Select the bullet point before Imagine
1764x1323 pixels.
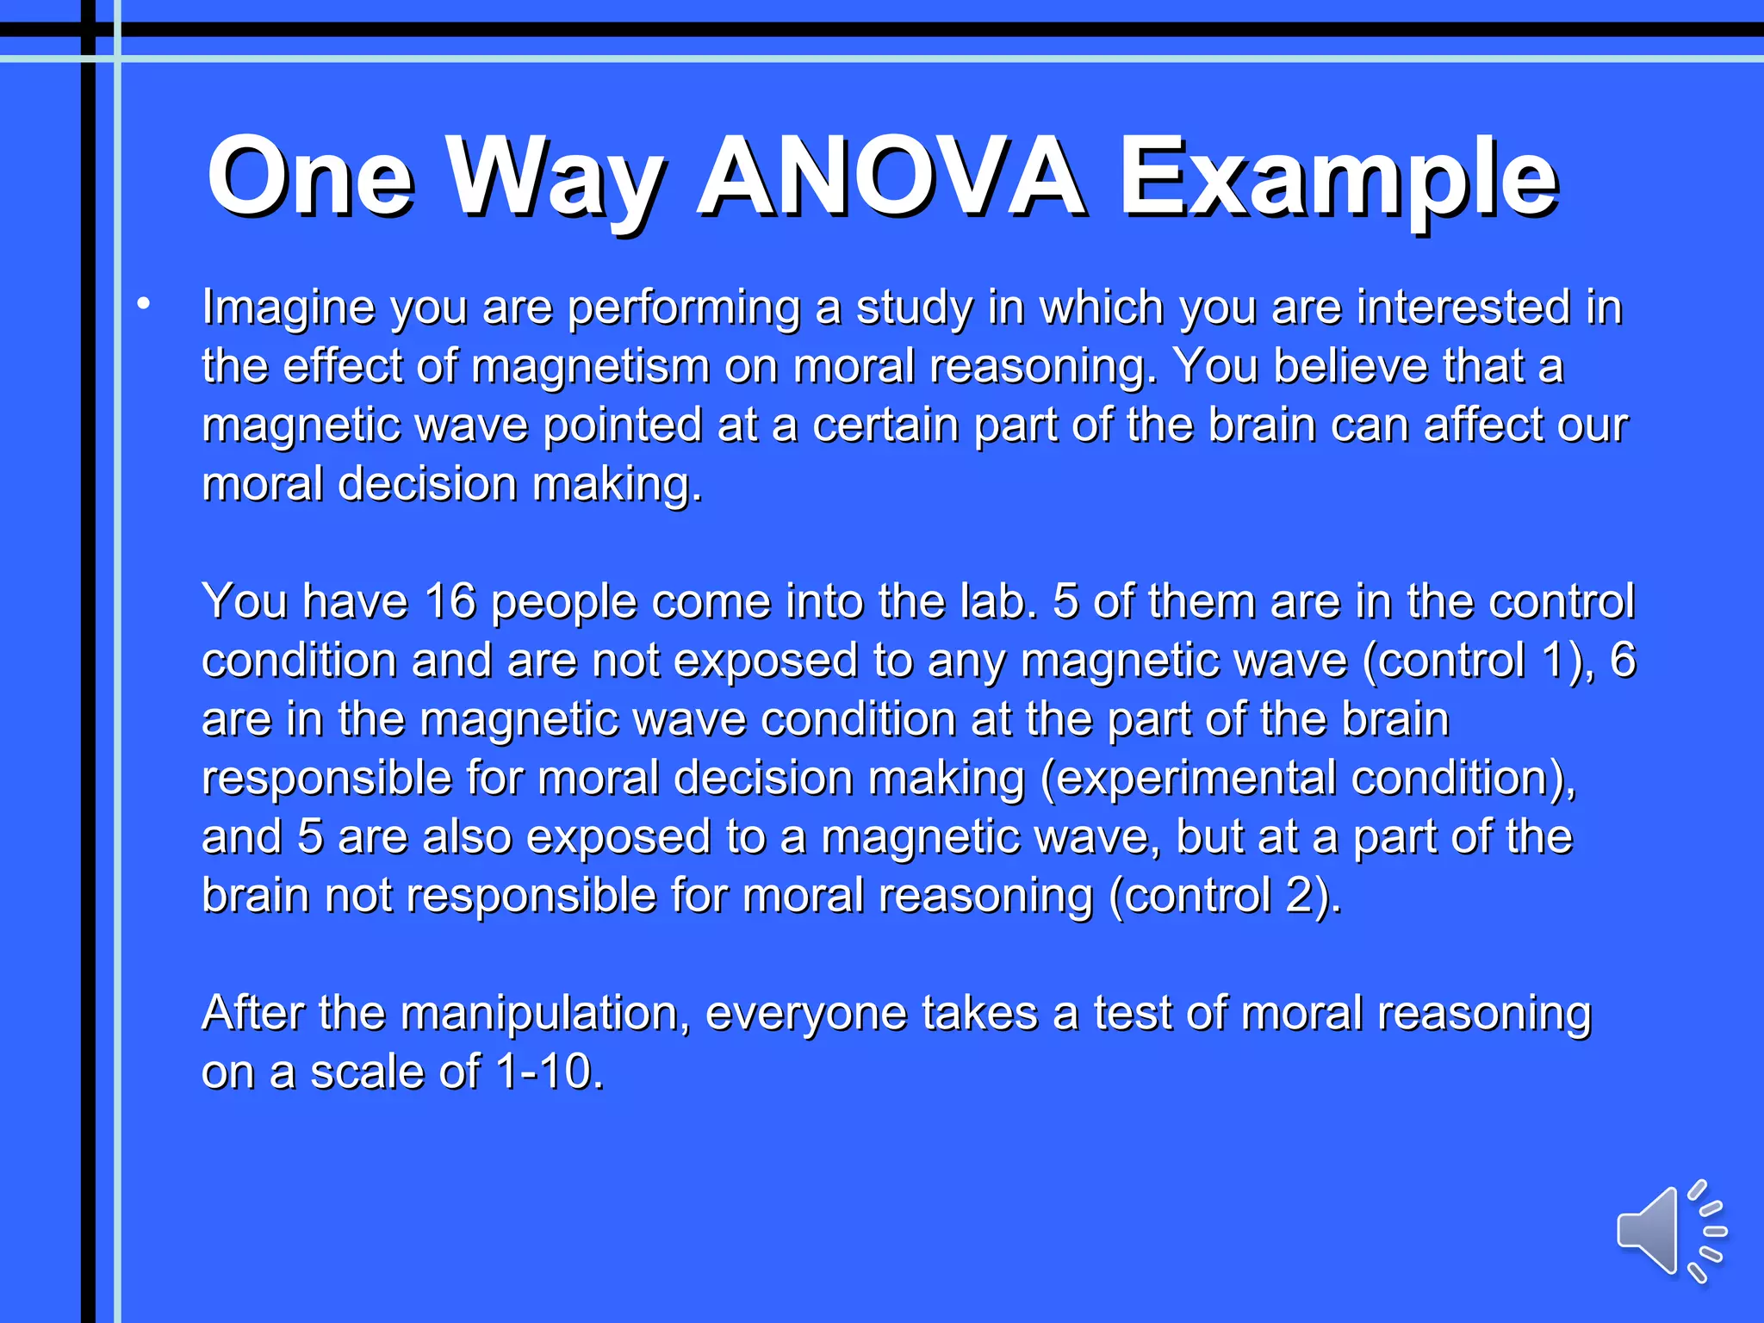coord(144,303)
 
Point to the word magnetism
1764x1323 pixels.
coord(590,367)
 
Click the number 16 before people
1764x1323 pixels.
coord(450,601)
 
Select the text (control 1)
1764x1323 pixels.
coord(1478,661)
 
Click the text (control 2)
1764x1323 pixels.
coord(1224,896)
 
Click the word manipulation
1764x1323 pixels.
coord(544,1014)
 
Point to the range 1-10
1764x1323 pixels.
coord(549,1072)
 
